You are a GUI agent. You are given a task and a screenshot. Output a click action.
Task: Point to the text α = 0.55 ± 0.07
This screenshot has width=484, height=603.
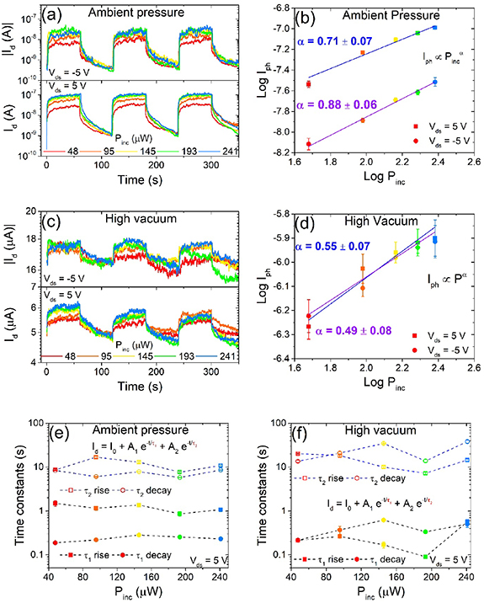click(x=329, y=248)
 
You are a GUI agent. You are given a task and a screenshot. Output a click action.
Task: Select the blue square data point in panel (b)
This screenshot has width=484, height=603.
click(x=435, y=27)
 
